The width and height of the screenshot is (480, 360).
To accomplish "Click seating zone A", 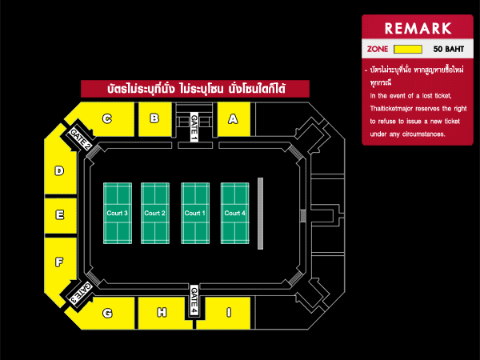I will pyautogui.click(x=234, y=120).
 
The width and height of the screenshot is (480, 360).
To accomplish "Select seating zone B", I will pyautogui.click(x=154, y=120).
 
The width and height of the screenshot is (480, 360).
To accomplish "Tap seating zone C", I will pyautogui.click(x=107, y=120).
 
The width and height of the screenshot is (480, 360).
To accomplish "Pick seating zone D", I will pyautogui.click(x=59, y=170).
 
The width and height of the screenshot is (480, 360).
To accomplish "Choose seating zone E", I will pyautogui.click(x=59, y=214).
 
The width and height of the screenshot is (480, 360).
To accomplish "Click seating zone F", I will pyautogui.click(x=59, y=262).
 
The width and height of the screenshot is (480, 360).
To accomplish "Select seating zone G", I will pyautogui.click(x=107, y=313).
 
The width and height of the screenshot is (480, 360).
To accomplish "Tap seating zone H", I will pyautogui.click(x=162, y=313).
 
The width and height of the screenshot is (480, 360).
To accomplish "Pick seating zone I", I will pyautogui.click(x=228, y=313).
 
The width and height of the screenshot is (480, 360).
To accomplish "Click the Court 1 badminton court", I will pyautogui.click(x=195, y=214).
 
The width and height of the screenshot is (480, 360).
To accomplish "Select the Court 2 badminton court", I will pyautogui.click(x=155, y=214).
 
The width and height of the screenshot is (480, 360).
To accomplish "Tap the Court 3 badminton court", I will pyautogui.click(x=118, y=214).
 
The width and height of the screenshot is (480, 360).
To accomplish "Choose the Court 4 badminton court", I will pyautogui.click(x=235, y=214).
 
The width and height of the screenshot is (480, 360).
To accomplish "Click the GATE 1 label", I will pyautogui.click(x=194, y=128).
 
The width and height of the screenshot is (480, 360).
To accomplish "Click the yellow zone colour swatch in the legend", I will pyautogui.click(x=408, y=49).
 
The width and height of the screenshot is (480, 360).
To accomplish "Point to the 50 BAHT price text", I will pyautogui.click(x=449, y=49).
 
